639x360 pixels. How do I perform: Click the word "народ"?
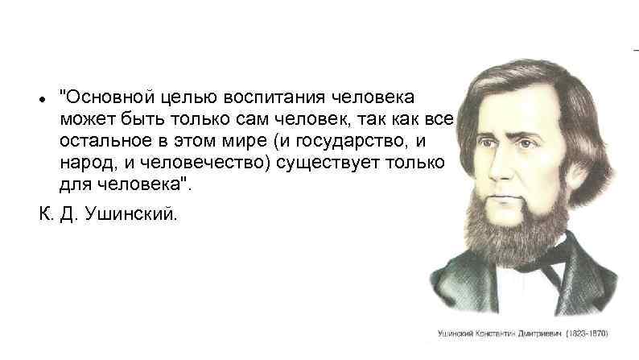coord(80,163)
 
